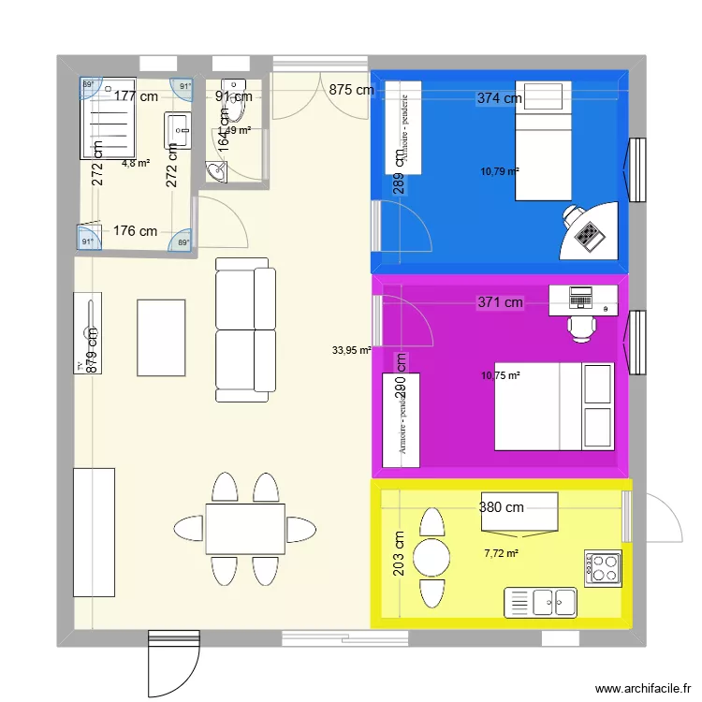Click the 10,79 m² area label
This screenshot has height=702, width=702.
pyautogui.click(x=500, y=171)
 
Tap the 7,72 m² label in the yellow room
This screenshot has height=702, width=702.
pyautogui.click(x=501, y=553)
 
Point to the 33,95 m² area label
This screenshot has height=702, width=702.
pyautogui.click(x=351, y=351)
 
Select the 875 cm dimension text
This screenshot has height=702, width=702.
pyautogui.click(x=351, y=91)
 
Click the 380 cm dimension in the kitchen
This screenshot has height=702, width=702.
pyautogui.click(x=502, y=508)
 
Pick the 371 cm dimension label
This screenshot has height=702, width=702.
pyautogui.click(x=500, y=302)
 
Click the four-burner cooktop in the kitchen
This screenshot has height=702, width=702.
pyautogui.click(x=602, y=567)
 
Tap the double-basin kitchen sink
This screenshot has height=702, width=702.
pyautogui.click(x=541, y=603)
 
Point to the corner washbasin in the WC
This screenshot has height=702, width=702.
pyautogui.click(x=217, y=171)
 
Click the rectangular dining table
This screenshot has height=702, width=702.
pyautogui.click(x=245, y=528)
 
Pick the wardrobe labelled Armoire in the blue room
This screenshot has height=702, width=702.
pyautogui.click(x=403, y=127)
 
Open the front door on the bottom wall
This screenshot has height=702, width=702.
pyautogui.click(x=173, y=663)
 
